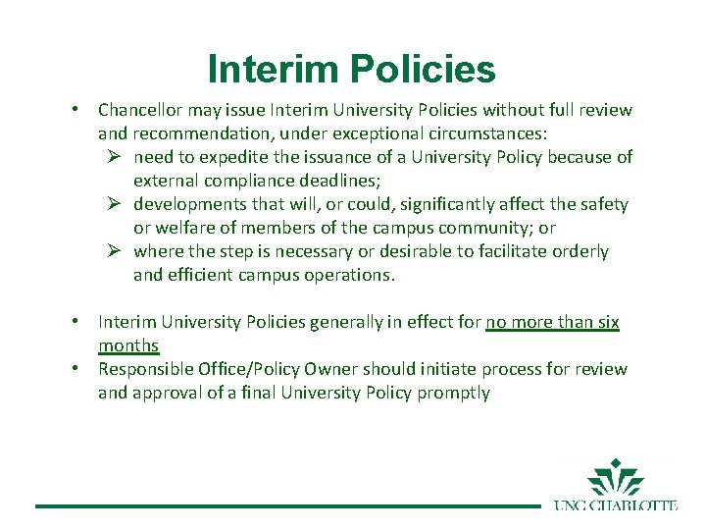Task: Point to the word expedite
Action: pyautogui.click(x=206, y=157)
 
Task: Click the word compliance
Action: pyautogui.click(x=245, y=181)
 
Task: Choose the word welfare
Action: pyautogui.click(x=186, y=228)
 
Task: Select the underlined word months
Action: pyautogui.click(x=128, y=345)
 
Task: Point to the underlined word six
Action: pyautogui.click(x=607, y=322)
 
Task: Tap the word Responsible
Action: pyautogui.click(x=143, y=369)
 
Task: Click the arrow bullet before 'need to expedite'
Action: pyautogui.click(x=115, y=157)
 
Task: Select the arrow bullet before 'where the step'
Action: pyautogui.click(x=115, y=251)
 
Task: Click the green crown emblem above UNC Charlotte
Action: pyautogui.click(x=616, y=478)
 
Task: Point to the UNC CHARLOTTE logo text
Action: pyautogui.click(x=615, y=505)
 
